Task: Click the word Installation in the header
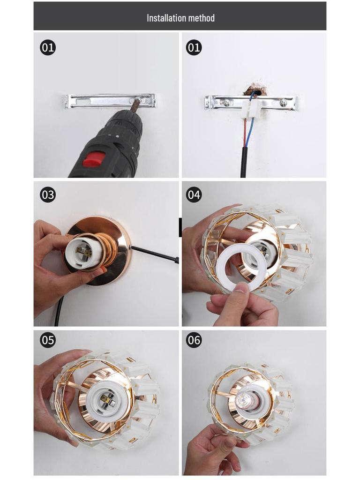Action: tap(166, 18)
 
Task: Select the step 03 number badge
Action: tap(48, 195)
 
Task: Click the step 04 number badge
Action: tap(194, 195)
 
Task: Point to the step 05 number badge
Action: tap(48, 340)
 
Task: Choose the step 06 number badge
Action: tap(194, 340)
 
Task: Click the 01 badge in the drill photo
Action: tap(48, 47)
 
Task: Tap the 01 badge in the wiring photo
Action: tap(194, 47)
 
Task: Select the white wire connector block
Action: tap(252, 107)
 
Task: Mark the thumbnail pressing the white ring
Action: tap(242, 288)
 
